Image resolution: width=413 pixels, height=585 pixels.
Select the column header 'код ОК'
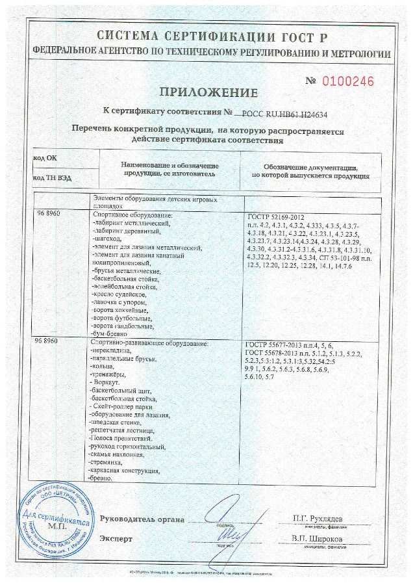coord(45,158)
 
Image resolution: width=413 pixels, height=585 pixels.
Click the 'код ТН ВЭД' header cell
coord(51,177)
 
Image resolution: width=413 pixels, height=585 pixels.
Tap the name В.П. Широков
coord(318,538)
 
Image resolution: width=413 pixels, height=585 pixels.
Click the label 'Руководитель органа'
coord(142,519)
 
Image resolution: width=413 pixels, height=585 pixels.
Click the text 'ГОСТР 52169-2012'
coord(276,217)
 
